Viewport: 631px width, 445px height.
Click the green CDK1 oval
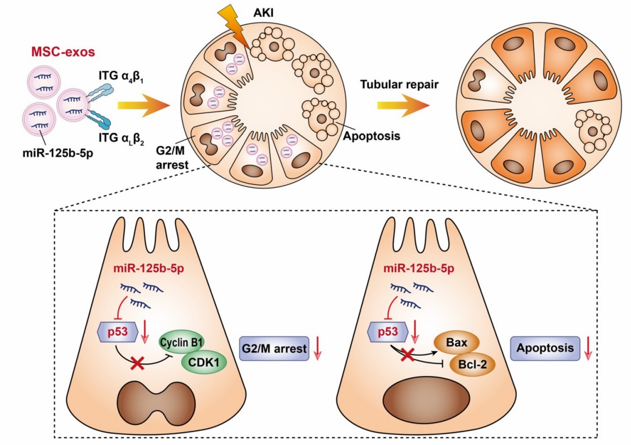[x=203, y=363]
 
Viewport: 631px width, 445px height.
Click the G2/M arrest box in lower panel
[x=275, y=349]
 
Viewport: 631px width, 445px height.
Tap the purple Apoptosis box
[x=546, y=349]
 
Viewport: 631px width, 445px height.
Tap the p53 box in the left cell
[x=117, y=332]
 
